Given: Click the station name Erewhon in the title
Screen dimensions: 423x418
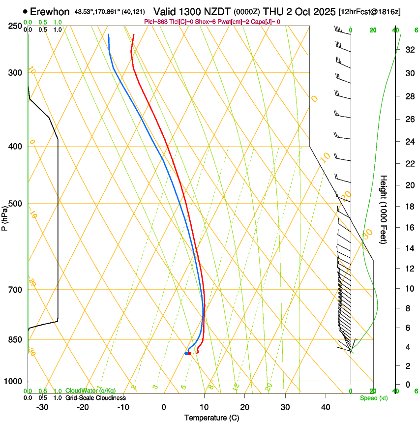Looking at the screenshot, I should (x=50, y=11).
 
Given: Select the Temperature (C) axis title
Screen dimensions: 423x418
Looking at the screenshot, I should (x=211, y=418).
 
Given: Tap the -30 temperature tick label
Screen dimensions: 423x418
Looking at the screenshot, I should (x=42, y=407).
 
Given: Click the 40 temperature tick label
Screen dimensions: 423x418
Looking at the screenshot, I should (x=326, y=407).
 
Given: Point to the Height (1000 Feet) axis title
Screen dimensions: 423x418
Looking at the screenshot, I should (x=384, y=209).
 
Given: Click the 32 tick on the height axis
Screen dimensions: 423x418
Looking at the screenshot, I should (x=409, y=50).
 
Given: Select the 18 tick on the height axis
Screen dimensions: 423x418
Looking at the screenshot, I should (x=409, y=207).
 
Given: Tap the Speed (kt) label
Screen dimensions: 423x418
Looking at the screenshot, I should (x=373, y=398).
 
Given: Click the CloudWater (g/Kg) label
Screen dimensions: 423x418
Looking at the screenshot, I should (x=90, y=391).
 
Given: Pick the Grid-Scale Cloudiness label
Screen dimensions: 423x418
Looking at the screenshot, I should (x=95, y=398).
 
